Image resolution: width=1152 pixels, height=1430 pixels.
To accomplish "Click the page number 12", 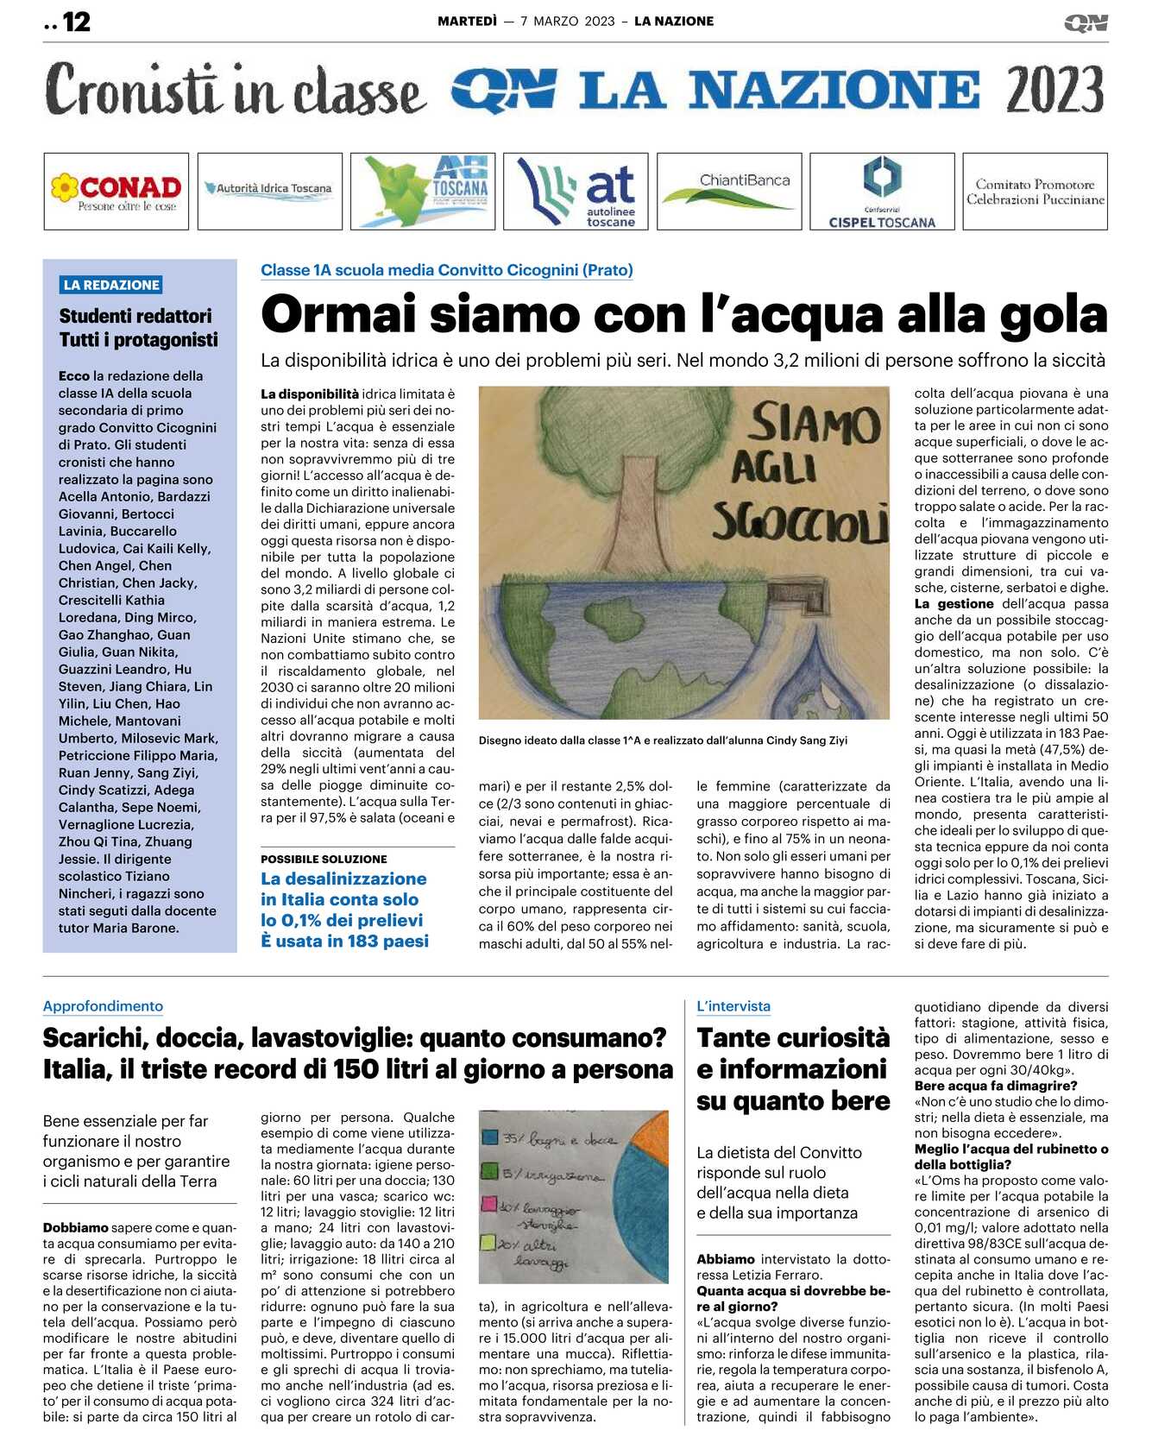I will coord(76,22).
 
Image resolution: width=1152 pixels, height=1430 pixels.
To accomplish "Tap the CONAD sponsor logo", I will coord(116,192).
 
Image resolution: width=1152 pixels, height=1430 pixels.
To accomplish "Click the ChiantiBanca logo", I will coord(730,190).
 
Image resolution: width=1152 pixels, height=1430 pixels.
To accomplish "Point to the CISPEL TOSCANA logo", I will coord(882,192).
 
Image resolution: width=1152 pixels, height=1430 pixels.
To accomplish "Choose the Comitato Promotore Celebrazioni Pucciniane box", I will coord(1035,192).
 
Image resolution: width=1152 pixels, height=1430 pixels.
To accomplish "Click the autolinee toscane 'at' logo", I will coord(577,192).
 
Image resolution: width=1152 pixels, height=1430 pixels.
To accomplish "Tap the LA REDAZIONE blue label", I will coord(111,285).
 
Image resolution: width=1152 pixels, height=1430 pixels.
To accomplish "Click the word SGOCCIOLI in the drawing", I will coord(799,522).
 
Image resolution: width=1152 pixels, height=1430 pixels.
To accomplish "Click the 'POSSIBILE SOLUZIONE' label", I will coord(324,859).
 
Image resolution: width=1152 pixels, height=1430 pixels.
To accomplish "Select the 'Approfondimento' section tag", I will coord(103,1006).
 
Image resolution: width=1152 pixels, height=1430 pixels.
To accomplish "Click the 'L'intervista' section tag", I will coord(733,1006).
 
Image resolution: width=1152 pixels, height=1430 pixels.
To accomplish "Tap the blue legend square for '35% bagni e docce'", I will coord(490,1137).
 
